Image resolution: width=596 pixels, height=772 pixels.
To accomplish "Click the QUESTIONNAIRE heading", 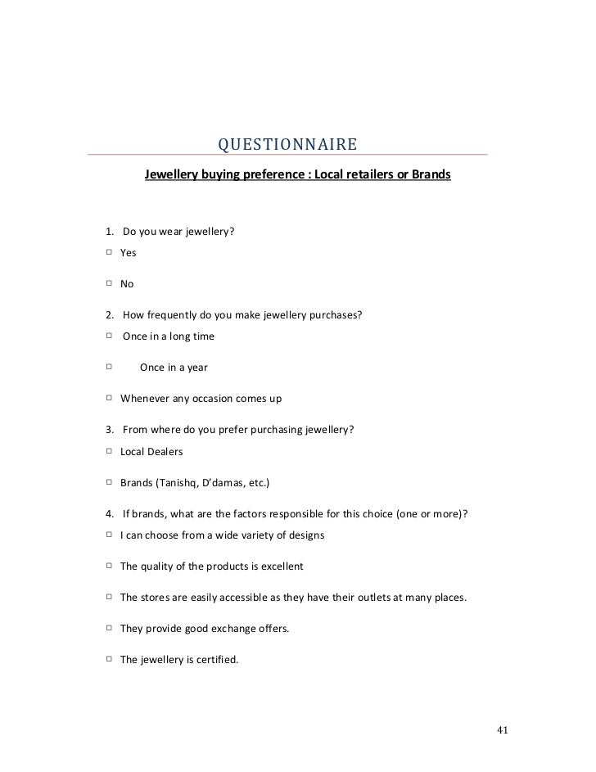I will (x=287, y=146).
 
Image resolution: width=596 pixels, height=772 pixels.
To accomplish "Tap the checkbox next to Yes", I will (x=109, y=253).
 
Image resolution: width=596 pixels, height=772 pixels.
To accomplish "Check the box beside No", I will (x=109, y=284).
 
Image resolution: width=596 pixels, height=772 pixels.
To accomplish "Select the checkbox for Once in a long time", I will (x=109, y=336).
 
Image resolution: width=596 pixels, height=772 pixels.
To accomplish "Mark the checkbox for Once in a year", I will (x=109, y=368).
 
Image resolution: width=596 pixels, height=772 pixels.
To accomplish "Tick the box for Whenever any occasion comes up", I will (x=109, y=399).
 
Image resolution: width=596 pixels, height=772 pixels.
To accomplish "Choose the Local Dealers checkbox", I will (x=109, y=451).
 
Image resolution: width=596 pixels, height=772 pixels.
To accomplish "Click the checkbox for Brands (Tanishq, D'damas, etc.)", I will (x=109, y=482).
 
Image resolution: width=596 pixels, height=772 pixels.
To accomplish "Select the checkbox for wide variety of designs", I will (x=109, y=535).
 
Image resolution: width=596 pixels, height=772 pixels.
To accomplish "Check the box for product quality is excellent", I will (x=109, y=566).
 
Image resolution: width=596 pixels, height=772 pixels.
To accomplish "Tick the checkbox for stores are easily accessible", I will (x=109, y=597).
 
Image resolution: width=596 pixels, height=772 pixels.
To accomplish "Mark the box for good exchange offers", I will (x=109, y=628).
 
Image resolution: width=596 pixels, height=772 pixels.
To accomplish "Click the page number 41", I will (x=503, y=729).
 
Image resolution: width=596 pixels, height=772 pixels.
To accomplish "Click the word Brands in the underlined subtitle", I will (x=431, y=175).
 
